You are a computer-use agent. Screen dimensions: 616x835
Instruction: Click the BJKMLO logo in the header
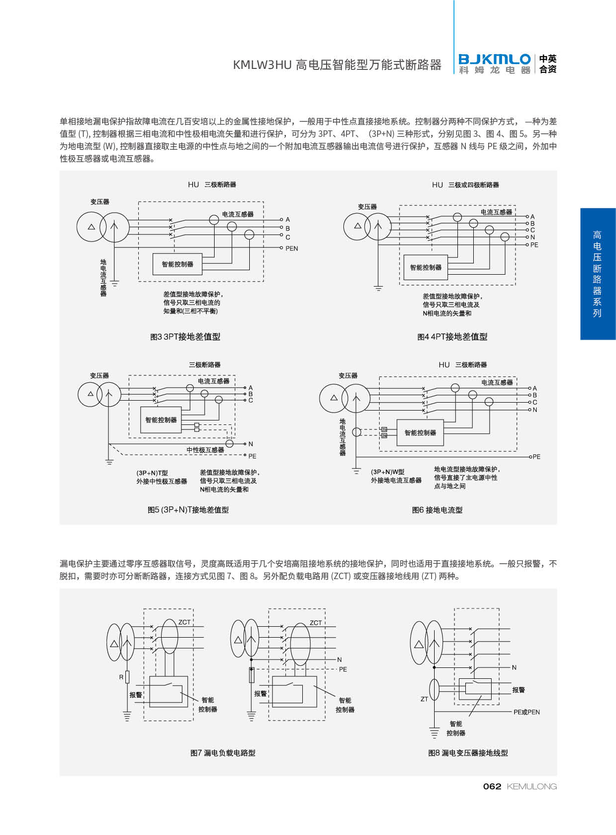coord(495,64)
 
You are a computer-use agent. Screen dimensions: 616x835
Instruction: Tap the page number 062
coord(492,786)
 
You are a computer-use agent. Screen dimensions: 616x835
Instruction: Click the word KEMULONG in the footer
coord(532,786)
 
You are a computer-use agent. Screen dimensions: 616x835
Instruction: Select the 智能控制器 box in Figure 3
coord(177,264)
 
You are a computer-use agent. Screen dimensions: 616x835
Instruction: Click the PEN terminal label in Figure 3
coord(291,248)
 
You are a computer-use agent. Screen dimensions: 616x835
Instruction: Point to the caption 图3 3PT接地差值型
coord(185,337)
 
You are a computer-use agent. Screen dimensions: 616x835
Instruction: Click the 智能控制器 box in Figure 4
coord(426,267)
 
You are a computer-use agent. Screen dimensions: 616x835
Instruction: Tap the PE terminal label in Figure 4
coord(534,245)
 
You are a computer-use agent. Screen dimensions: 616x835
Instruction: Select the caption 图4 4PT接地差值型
coord(452,337)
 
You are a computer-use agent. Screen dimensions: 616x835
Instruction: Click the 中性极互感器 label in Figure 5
coord(205,450)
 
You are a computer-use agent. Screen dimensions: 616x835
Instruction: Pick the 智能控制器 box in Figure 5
coord(161,420)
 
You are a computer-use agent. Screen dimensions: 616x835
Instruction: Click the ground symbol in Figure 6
coord(356,471)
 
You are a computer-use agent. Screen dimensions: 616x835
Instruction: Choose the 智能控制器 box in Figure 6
coord(420,433)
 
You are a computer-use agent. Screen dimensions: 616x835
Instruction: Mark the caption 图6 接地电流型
coord(437,510)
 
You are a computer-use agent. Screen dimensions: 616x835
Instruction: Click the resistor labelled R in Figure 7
coord(127,677)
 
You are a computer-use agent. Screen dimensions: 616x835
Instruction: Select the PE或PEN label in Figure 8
coord(526,712)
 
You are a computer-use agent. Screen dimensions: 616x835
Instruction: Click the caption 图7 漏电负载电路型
coord(223,753)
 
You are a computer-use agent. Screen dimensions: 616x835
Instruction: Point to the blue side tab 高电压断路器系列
coord(598,274)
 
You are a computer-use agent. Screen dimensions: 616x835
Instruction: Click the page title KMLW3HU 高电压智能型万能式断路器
coord(337,65)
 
